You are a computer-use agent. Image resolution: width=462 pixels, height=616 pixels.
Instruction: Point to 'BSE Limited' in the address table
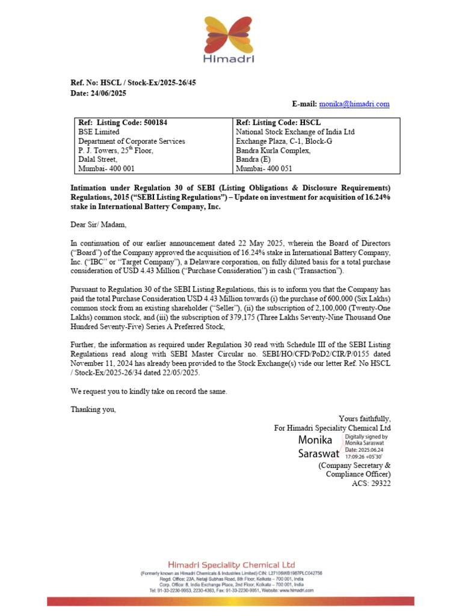(99, 132)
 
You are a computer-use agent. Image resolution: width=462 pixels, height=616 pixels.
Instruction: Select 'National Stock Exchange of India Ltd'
(295, 132)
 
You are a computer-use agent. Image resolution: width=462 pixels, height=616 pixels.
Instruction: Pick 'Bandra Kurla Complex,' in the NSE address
(273, 150)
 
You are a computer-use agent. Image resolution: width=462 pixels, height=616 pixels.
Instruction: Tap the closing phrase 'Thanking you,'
(93, 410)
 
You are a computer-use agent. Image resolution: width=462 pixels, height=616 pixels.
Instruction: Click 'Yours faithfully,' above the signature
(365, 419)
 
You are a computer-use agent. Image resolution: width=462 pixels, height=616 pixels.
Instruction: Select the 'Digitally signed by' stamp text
(366, 437)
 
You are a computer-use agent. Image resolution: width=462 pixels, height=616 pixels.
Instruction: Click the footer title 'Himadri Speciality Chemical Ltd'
(231, 565)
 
